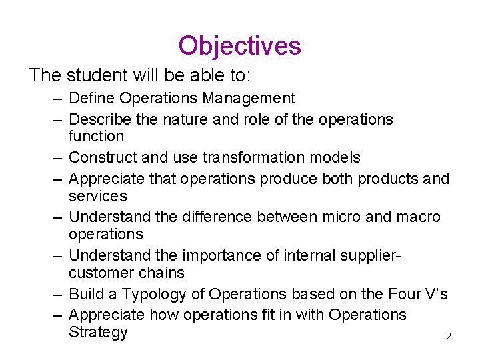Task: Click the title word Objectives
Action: [x=239, y=46]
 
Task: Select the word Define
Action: [x=91, y=99]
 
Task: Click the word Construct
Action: [x=103, y=158]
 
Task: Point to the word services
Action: [x=97, y=196]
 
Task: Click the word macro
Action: [x=418, y=217]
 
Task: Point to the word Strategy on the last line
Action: [x=97, y=333]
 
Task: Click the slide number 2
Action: [x=449, y=337]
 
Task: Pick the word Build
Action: [x=85, y=294]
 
